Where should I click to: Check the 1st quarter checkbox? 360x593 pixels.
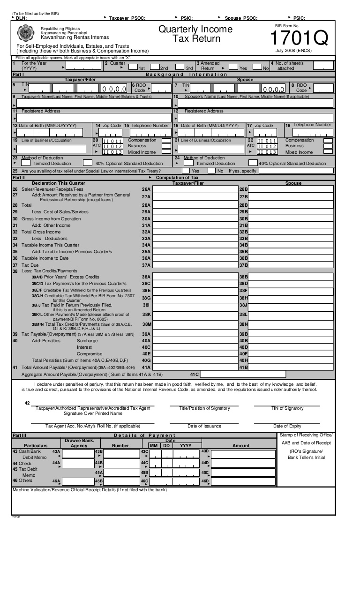coord(133,67)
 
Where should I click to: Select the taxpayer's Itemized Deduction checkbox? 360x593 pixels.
coord(26,163)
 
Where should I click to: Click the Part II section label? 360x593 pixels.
coord(18,178)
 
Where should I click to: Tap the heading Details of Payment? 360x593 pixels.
coord(145,435)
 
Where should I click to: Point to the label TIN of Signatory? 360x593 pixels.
coord(287,408)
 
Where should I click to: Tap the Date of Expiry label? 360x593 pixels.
coord(287,426)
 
